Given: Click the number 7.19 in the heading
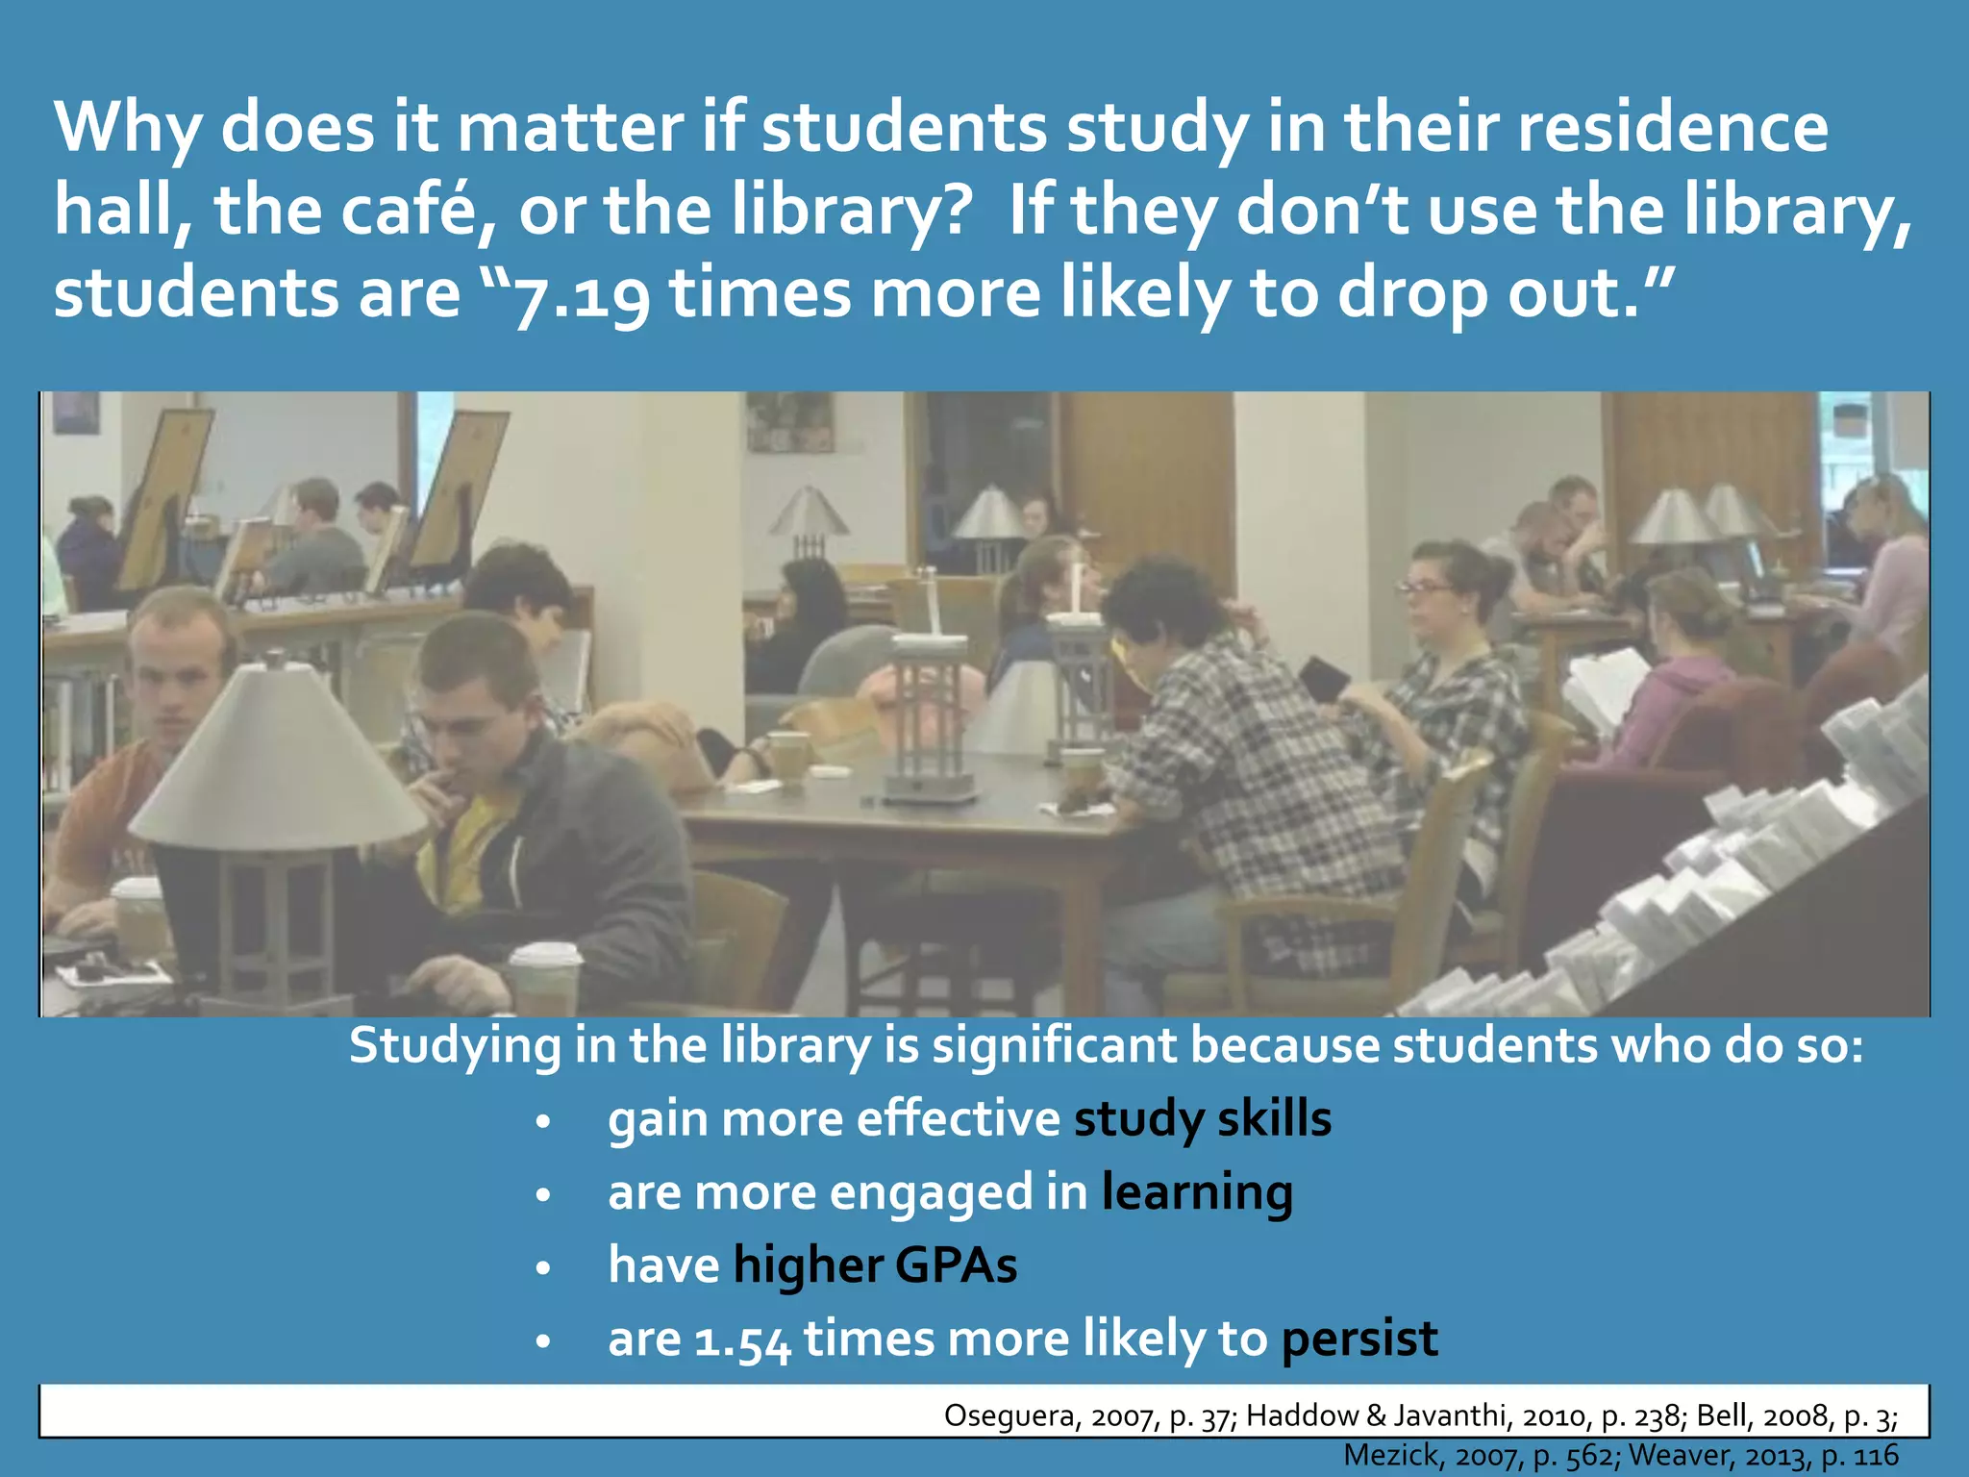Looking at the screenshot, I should pos(583,295).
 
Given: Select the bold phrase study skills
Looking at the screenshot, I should pos(1202,1118).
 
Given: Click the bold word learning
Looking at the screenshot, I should pos(1197,1192).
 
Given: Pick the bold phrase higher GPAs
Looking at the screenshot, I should pos(874,1264).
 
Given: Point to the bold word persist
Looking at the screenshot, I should pos(1359,1338).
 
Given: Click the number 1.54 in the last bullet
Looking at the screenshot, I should pos(742,1340).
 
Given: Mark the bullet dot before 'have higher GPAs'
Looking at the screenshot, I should pos(543,1268).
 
